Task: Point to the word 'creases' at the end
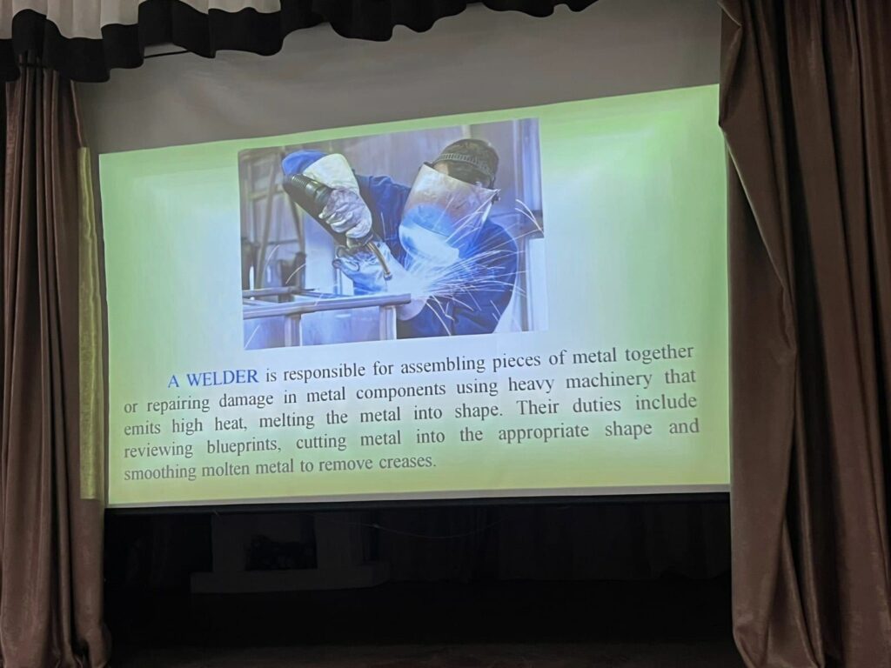[406, 463]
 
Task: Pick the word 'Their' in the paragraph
[538, 408]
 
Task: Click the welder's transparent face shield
[449, 214]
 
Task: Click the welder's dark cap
[468, 158]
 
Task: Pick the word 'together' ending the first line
[660, 355]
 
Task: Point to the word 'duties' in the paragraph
[597, 405]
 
